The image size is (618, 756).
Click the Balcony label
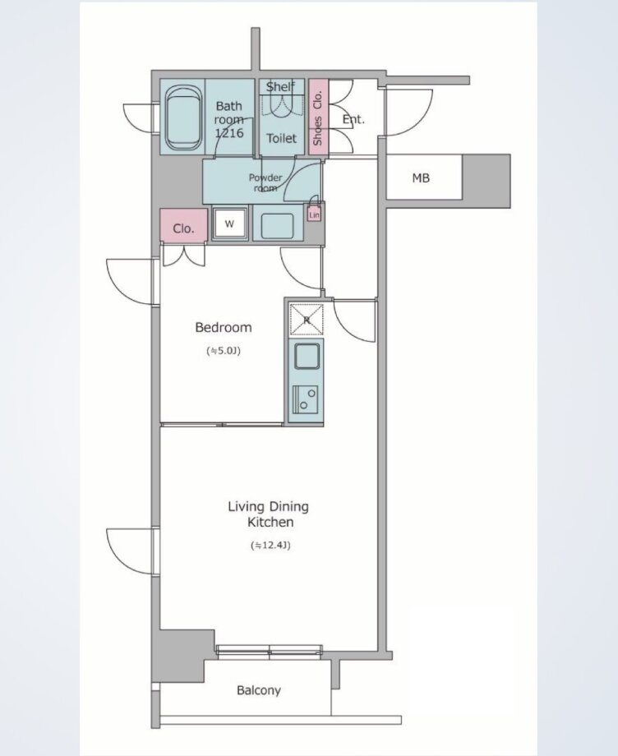(258, 690)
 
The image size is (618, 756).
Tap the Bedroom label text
(224, 327)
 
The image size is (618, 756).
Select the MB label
(421, 178)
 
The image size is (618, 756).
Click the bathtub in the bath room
(182, 118)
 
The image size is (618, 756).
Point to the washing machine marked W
(230, 224)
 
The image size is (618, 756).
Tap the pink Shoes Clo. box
(318, 118)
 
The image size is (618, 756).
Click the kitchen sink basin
(307, 357)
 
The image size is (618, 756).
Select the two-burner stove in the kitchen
(306, 399)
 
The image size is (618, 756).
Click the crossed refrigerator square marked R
(306, 319)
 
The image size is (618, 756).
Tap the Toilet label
(282, 138)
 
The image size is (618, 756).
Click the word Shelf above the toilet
(280, 87)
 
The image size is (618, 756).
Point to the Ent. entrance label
(353, 119)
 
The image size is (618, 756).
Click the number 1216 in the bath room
(229, 132)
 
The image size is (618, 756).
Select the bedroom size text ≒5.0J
(224, 351)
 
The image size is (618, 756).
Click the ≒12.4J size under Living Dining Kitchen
(270, 546)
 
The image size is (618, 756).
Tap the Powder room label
(265, 182)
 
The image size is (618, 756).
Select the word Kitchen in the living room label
(270, 522)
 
